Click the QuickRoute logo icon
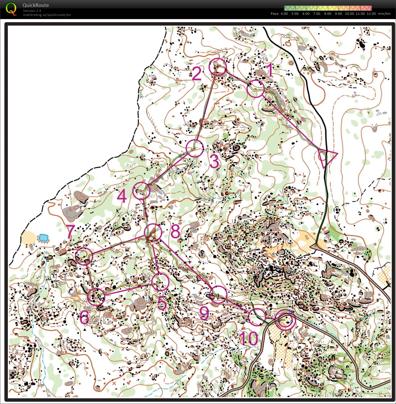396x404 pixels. coord(11,9)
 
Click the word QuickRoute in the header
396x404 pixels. coord(36,5)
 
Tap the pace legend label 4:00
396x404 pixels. coord(284,14)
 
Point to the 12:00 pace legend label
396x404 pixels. coord(371,14)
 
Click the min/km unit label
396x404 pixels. coord(384,14)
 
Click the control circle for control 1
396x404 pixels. coord(256,89)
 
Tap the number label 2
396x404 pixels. coord(197,74)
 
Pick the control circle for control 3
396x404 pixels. coord(195,148)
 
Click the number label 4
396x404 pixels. coord(122,196)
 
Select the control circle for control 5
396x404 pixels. coord(160,282)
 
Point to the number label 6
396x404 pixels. coord(84,317)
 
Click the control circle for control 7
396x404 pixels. coord(84,256)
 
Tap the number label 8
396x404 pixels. coord(175,231)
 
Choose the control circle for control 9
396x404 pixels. coord(218,294)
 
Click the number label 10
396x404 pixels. coord(248,338)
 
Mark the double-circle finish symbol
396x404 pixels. coord(285,320)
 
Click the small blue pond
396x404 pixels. coord(44,238)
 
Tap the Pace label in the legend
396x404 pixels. coord(274,14)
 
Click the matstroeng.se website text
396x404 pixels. coord(47,15)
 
